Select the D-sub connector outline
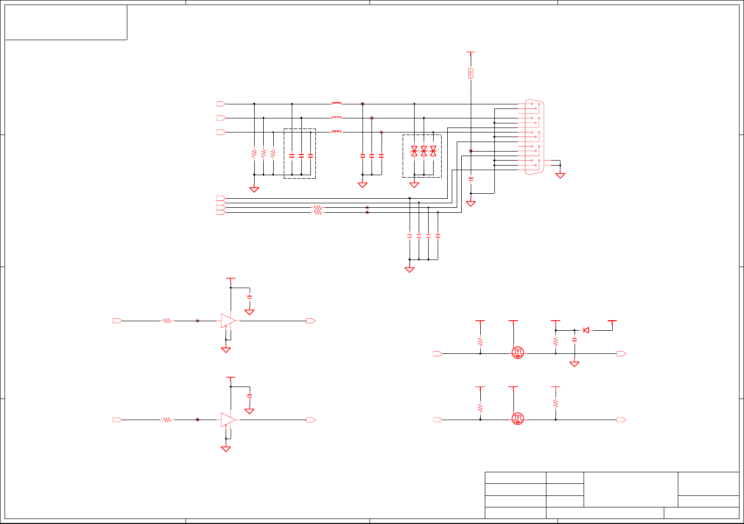click(x=534, y=137)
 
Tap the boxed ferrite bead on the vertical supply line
click(x=471, y=73)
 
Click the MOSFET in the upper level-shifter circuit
click(x=518, y=353)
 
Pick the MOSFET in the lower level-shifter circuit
click(x=518, y=419)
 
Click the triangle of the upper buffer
click(x=228, y=321)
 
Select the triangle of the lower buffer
click(x=228, y=420)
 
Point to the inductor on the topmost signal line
click(x=337, y=104)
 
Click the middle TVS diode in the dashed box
click(x=424, y=151)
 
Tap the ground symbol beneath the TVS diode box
click(x=414, y=185)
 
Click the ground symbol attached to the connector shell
click(x=560, y=175)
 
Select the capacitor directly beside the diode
click(x=575, y=340)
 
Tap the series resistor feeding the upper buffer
click(x=167, y=321)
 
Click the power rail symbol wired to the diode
click(x=612, y=321)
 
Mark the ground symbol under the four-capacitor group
click(x=410, y=270)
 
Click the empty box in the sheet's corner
click(x=66, y=22)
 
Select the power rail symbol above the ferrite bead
click(x=471, y=52)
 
